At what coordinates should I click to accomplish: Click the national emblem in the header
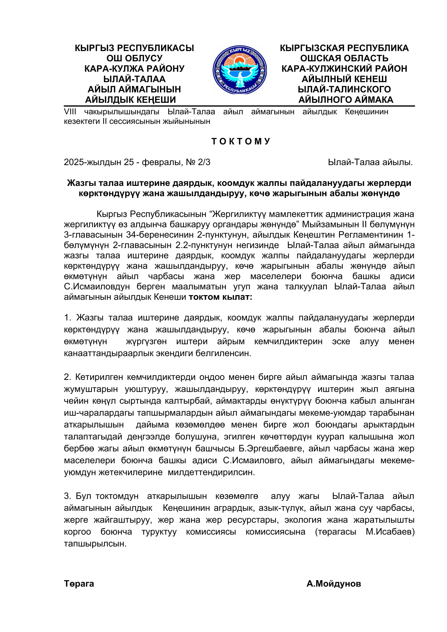(239, 70)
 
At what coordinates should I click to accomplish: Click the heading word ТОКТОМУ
(241, 141)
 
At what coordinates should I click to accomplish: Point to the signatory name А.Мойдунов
(333, 584)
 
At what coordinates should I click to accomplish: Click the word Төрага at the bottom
(79, 584)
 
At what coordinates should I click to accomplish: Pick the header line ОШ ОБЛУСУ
(134, 58)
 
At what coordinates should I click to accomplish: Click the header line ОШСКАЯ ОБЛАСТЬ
(344, 58)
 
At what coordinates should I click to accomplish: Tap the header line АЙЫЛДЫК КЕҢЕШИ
(131, 100)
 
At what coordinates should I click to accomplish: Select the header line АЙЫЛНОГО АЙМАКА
(346, 100)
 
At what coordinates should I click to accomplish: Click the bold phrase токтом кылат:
(220, 297)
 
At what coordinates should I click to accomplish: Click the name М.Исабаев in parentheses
(389, 531)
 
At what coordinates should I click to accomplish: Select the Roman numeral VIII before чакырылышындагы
(70, 112)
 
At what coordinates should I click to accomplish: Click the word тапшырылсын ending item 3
(95, 544)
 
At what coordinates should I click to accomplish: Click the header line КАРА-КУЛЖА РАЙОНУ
(134, 69)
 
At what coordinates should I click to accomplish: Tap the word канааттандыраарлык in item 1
(109, 353)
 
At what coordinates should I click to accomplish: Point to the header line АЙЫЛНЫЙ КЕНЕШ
(344, 79)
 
